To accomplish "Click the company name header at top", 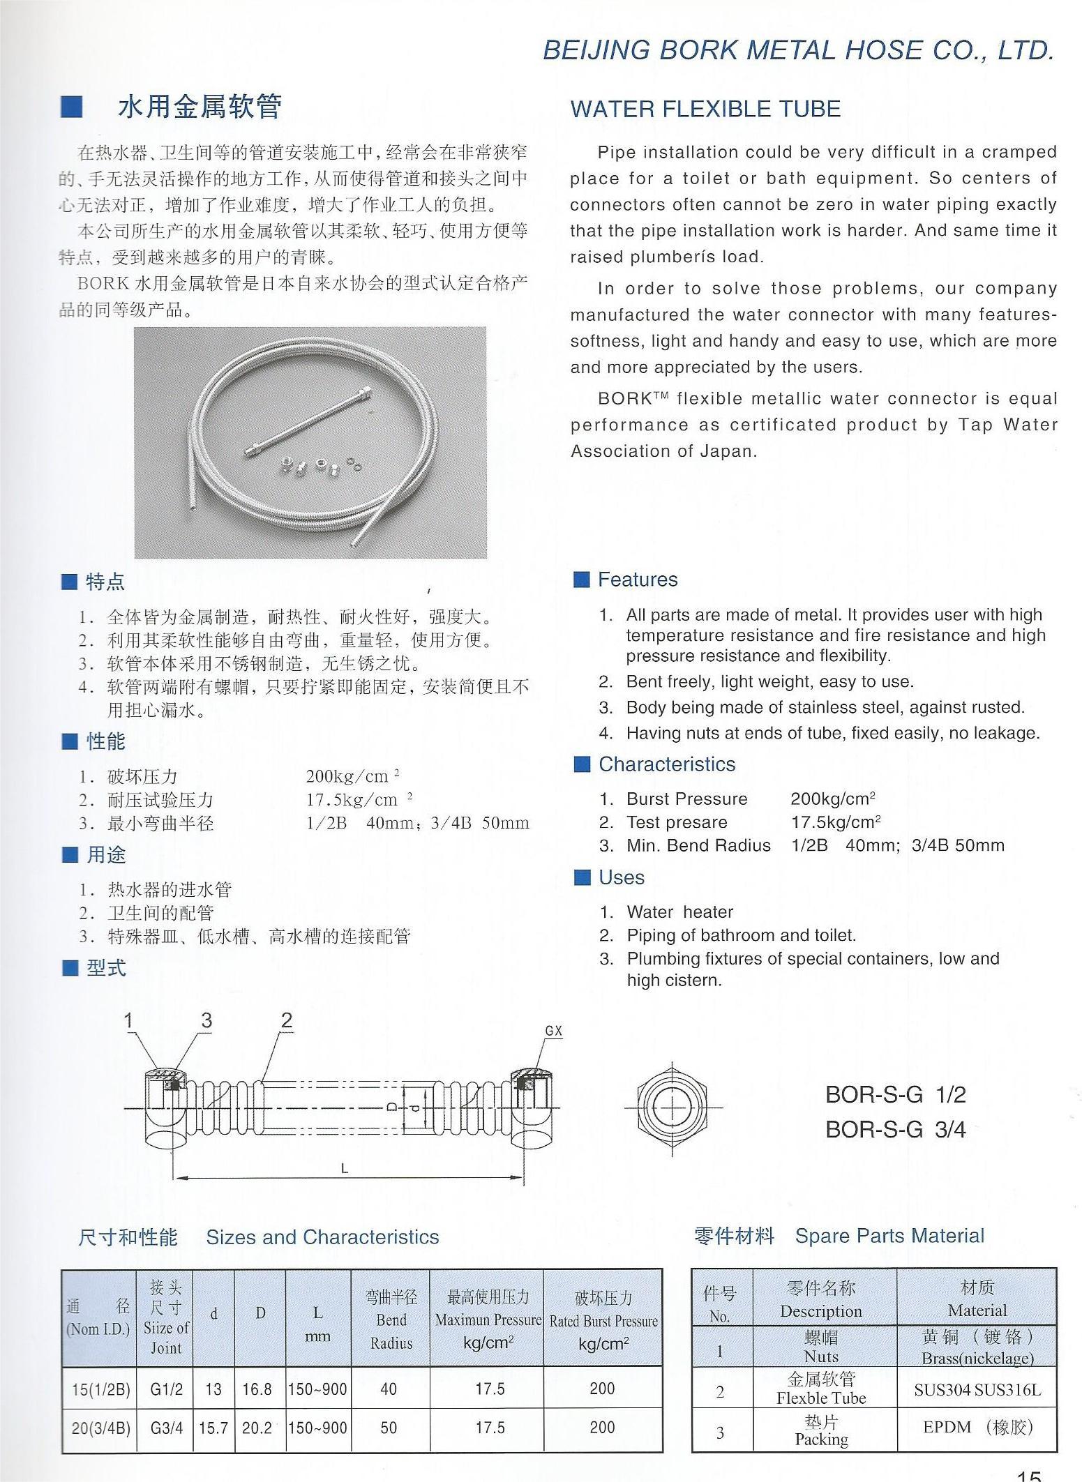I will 798,50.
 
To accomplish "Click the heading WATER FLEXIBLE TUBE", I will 705,109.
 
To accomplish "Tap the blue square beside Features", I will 581,580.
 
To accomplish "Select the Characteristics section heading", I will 666,764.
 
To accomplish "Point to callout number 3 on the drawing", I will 206,1020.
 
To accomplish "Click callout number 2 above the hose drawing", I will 286,1020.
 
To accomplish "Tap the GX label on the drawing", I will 553,1031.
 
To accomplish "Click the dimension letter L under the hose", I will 344,1169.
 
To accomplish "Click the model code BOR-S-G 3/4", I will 895,1129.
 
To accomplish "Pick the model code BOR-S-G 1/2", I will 895,1094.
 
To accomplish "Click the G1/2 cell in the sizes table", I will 166,1389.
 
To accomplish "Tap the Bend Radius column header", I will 391,1320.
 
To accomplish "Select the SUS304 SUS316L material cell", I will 977,1390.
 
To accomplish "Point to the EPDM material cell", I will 977,1427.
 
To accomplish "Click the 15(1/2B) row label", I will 100,1389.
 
